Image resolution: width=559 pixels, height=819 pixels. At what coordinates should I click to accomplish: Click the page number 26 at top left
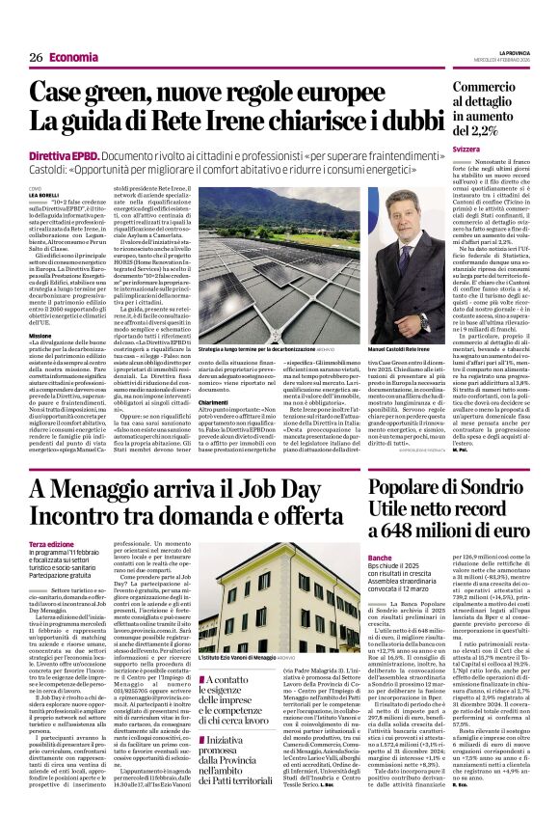coord(35,58)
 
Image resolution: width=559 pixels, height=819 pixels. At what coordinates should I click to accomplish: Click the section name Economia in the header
coord(73,58)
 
